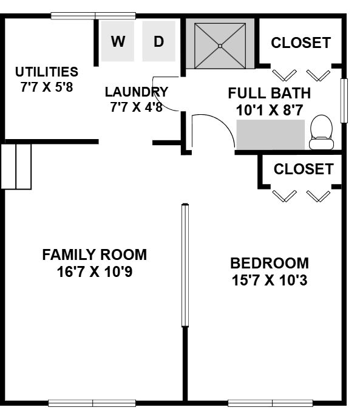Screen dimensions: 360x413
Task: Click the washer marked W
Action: click(118, 41)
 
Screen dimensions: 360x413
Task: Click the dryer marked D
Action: click(159, 41)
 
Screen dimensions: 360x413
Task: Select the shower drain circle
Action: click(220, 46)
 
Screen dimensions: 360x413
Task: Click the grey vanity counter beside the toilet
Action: click(271, 135)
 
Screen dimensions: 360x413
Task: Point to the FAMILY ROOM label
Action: click(95, 254)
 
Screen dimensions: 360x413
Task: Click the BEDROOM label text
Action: click(270, 263)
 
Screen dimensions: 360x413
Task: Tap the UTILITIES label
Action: click(47, 72)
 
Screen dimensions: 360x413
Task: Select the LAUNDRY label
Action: click(137, 92)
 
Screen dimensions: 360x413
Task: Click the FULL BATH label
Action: click(269, 94)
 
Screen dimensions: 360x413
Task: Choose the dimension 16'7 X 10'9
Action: click(95, 271)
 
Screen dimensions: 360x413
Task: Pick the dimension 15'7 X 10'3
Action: click(270, 280)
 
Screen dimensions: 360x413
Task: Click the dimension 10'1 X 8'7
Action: click(269, 110)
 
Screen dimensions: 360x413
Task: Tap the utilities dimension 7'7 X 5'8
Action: click(47, 87)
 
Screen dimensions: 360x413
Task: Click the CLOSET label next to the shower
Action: click(301, 43)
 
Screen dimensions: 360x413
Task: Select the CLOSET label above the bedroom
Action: click(304, 169)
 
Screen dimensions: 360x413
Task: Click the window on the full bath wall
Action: click(344, 101)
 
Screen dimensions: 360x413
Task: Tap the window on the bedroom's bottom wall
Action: click(271, 403)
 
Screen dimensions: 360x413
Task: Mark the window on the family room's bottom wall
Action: click(92, 403)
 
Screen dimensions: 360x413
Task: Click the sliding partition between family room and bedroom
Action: click(185, 265)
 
